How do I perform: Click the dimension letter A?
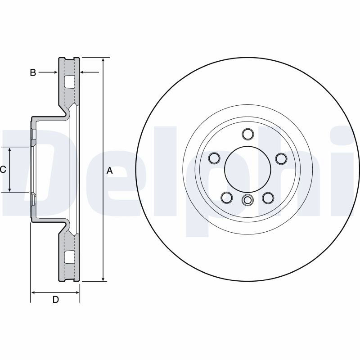110,171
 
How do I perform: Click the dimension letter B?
33,72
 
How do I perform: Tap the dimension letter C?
3,170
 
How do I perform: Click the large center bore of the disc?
247,170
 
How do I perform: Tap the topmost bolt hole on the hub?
248,134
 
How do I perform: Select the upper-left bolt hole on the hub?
215,158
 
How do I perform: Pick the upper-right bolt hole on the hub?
281,158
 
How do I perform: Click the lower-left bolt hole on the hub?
227,198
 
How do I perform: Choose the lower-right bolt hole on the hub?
268,198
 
